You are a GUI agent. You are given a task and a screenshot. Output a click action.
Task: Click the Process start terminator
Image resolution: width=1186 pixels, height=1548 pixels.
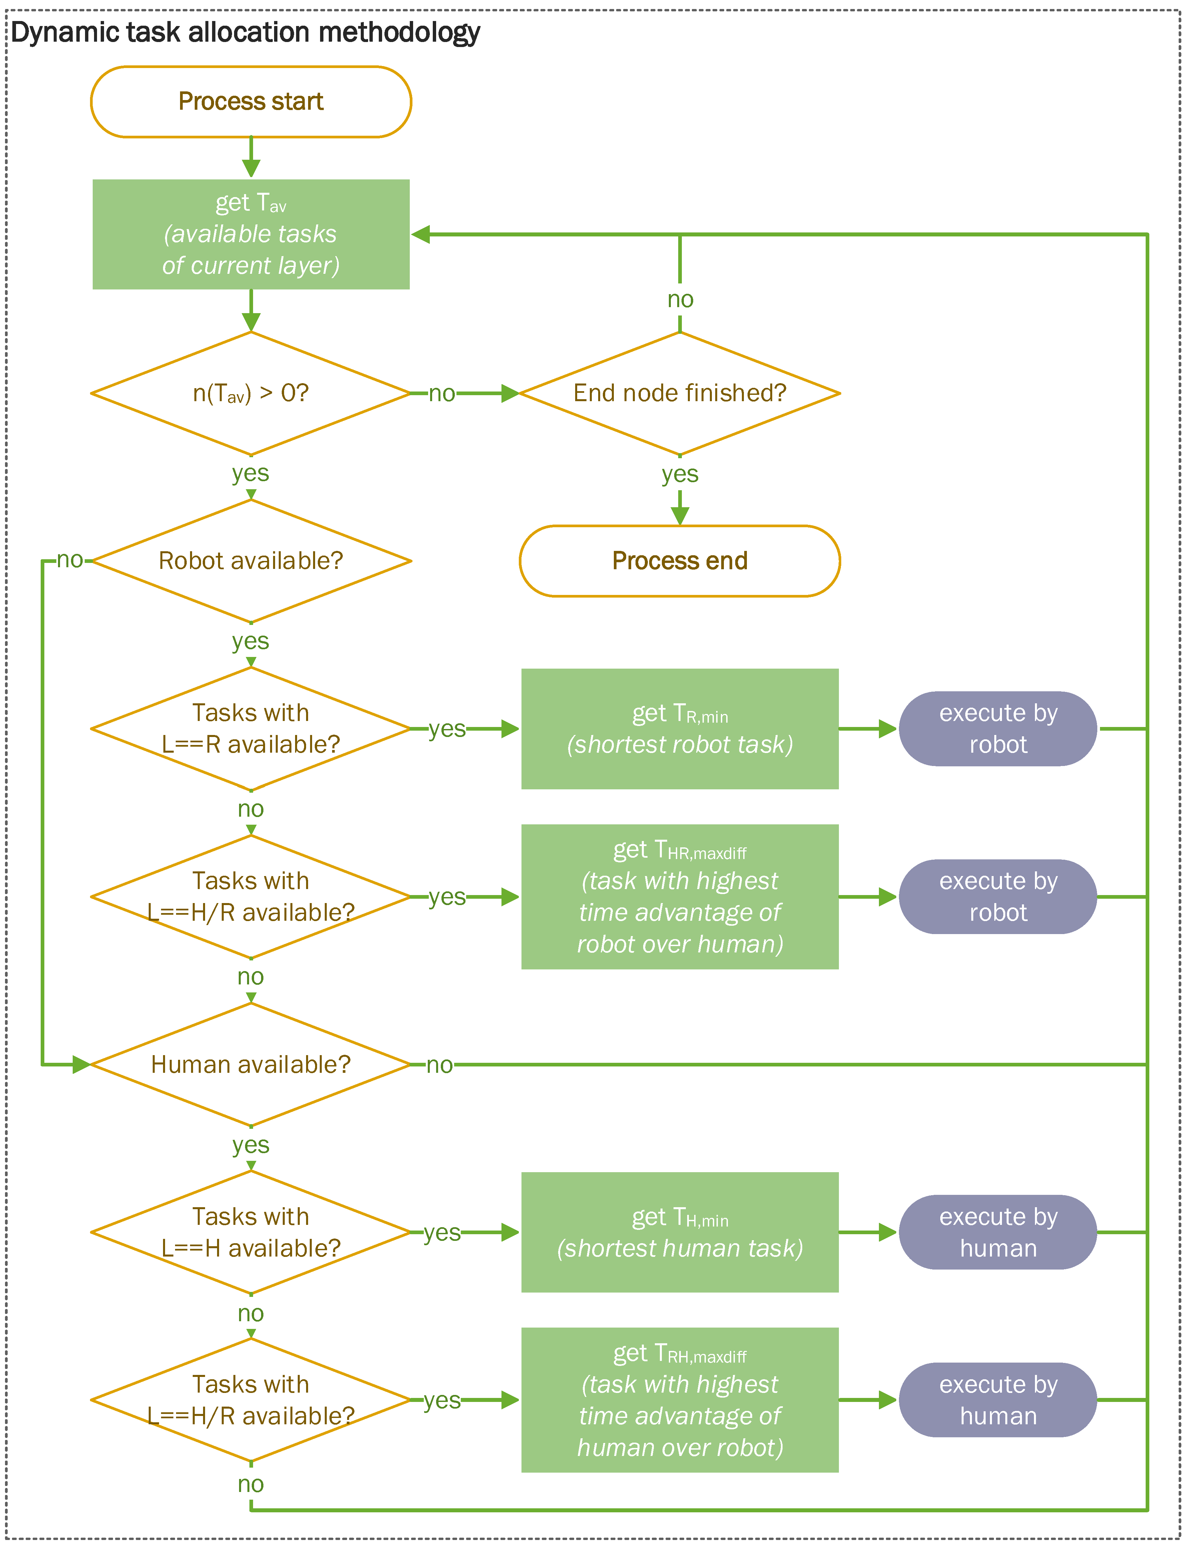tap(251, 102)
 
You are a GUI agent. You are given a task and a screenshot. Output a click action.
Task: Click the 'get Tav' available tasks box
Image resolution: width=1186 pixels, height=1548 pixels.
tap(251, 234)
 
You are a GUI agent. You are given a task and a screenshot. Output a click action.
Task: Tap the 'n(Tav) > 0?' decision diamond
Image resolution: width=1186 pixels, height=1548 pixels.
tap(251, 393)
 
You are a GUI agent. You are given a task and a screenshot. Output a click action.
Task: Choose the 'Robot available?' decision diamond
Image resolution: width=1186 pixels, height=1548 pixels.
tap(251, 561)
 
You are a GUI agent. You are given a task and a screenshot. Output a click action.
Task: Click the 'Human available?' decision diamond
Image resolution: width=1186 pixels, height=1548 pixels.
tap(251, 1064)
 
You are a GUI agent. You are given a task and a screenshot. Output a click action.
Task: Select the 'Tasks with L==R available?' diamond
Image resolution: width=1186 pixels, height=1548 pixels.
tap(251, 728)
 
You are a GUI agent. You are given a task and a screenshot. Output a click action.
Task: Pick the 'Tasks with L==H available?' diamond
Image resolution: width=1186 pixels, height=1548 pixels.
tap(251, 1233)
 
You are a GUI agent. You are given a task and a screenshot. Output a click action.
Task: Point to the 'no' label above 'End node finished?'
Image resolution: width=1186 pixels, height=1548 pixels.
tap(680, 299)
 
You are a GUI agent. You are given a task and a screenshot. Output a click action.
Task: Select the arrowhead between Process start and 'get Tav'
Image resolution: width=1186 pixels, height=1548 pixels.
tap(251, 168)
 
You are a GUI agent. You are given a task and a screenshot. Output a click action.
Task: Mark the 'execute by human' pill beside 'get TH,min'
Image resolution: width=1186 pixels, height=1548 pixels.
tap(998, 1233)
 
